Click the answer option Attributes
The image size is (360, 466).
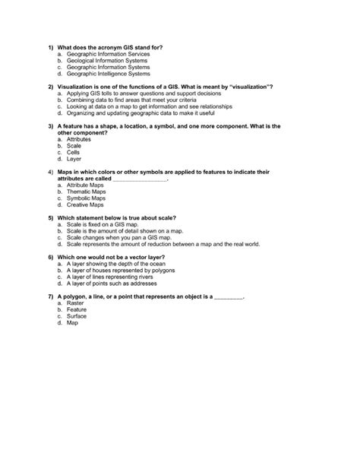pyautogui.click(x=79, y=139)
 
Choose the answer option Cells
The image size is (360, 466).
pyautogui.click(x=73, y=152)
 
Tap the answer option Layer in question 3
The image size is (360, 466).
pyautogui.click(x=74, y=159)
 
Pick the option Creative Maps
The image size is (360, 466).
pyautogui.click(x=85, y=204)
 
